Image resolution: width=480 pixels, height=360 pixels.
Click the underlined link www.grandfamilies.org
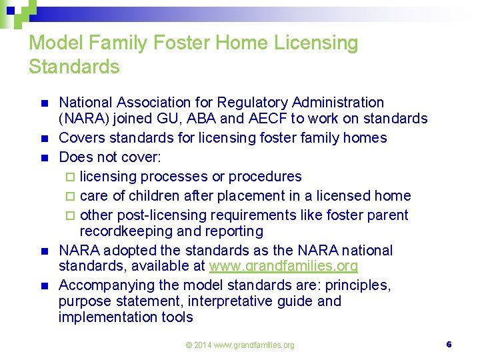pos(283,267)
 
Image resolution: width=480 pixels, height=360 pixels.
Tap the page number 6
pos(449,345)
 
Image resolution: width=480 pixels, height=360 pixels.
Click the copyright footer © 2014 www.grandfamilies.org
pos(239,345)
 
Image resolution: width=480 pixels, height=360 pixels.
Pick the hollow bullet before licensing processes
pos(72,177)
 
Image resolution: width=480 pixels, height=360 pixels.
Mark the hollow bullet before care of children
pos(72,197)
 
